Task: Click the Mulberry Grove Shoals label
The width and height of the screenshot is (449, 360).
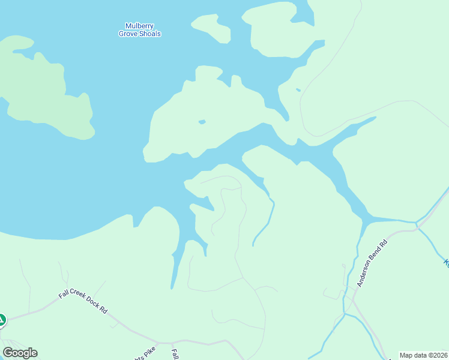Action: (139, 30)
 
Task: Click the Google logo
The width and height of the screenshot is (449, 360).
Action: (20, 353)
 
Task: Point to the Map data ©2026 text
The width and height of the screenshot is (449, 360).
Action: (424, 355)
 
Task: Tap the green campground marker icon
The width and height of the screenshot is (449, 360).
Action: (1, 320)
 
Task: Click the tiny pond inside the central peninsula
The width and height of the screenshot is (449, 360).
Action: (202, 122)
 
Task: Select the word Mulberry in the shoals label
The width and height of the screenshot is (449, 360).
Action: (139, 26)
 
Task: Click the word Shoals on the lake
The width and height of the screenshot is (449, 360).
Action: (150, 34)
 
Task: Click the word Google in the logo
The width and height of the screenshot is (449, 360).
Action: (20, 353)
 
